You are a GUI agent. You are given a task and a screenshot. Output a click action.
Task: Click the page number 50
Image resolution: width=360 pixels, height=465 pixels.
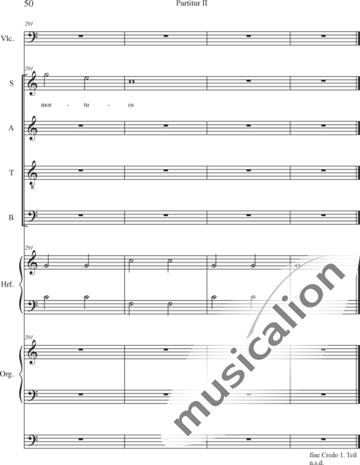29,3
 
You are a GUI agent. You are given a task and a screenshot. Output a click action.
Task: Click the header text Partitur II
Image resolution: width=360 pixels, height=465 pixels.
191,3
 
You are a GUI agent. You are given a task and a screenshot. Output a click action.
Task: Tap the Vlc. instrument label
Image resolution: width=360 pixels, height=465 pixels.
7,38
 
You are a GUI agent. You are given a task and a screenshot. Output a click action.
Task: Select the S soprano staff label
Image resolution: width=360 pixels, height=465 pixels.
11,83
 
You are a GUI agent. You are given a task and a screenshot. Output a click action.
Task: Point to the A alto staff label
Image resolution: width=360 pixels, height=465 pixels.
11,128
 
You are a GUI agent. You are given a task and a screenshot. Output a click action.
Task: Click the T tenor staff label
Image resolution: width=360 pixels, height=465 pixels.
11,173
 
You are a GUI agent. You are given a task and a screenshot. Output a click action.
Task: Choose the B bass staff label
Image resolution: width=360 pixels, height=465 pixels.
11,218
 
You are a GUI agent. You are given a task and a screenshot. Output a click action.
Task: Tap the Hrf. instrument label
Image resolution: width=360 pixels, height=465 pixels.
7,284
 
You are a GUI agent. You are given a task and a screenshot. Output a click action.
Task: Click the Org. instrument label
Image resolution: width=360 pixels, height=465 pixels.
7,375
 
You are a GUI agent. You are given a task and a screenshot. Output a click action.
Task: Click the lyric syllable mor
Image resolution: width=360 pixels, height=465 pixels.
46,105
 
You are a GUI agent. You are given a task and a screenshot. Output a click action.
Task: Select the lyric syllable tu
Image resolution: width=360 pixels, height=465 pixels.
86,105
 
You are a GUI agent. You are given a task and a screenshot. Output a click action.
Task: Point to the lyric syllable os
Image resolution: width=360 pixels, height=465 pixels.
130,105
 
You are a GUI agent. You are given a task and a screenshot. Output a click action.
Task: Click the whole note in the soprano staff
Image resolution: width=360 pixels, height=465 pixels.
131,82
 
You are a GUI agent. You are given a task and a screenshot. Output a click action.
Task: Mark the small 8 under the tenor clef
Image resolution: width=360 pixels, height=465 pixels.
32,187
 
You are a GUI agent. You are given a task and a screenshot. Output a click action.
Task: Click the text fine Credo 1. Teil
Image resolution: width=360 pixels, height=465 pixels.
333,455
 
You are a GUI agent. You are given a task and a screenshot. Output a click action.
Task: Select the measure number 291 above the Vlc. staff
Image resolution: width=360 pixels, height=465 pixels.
29,24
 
